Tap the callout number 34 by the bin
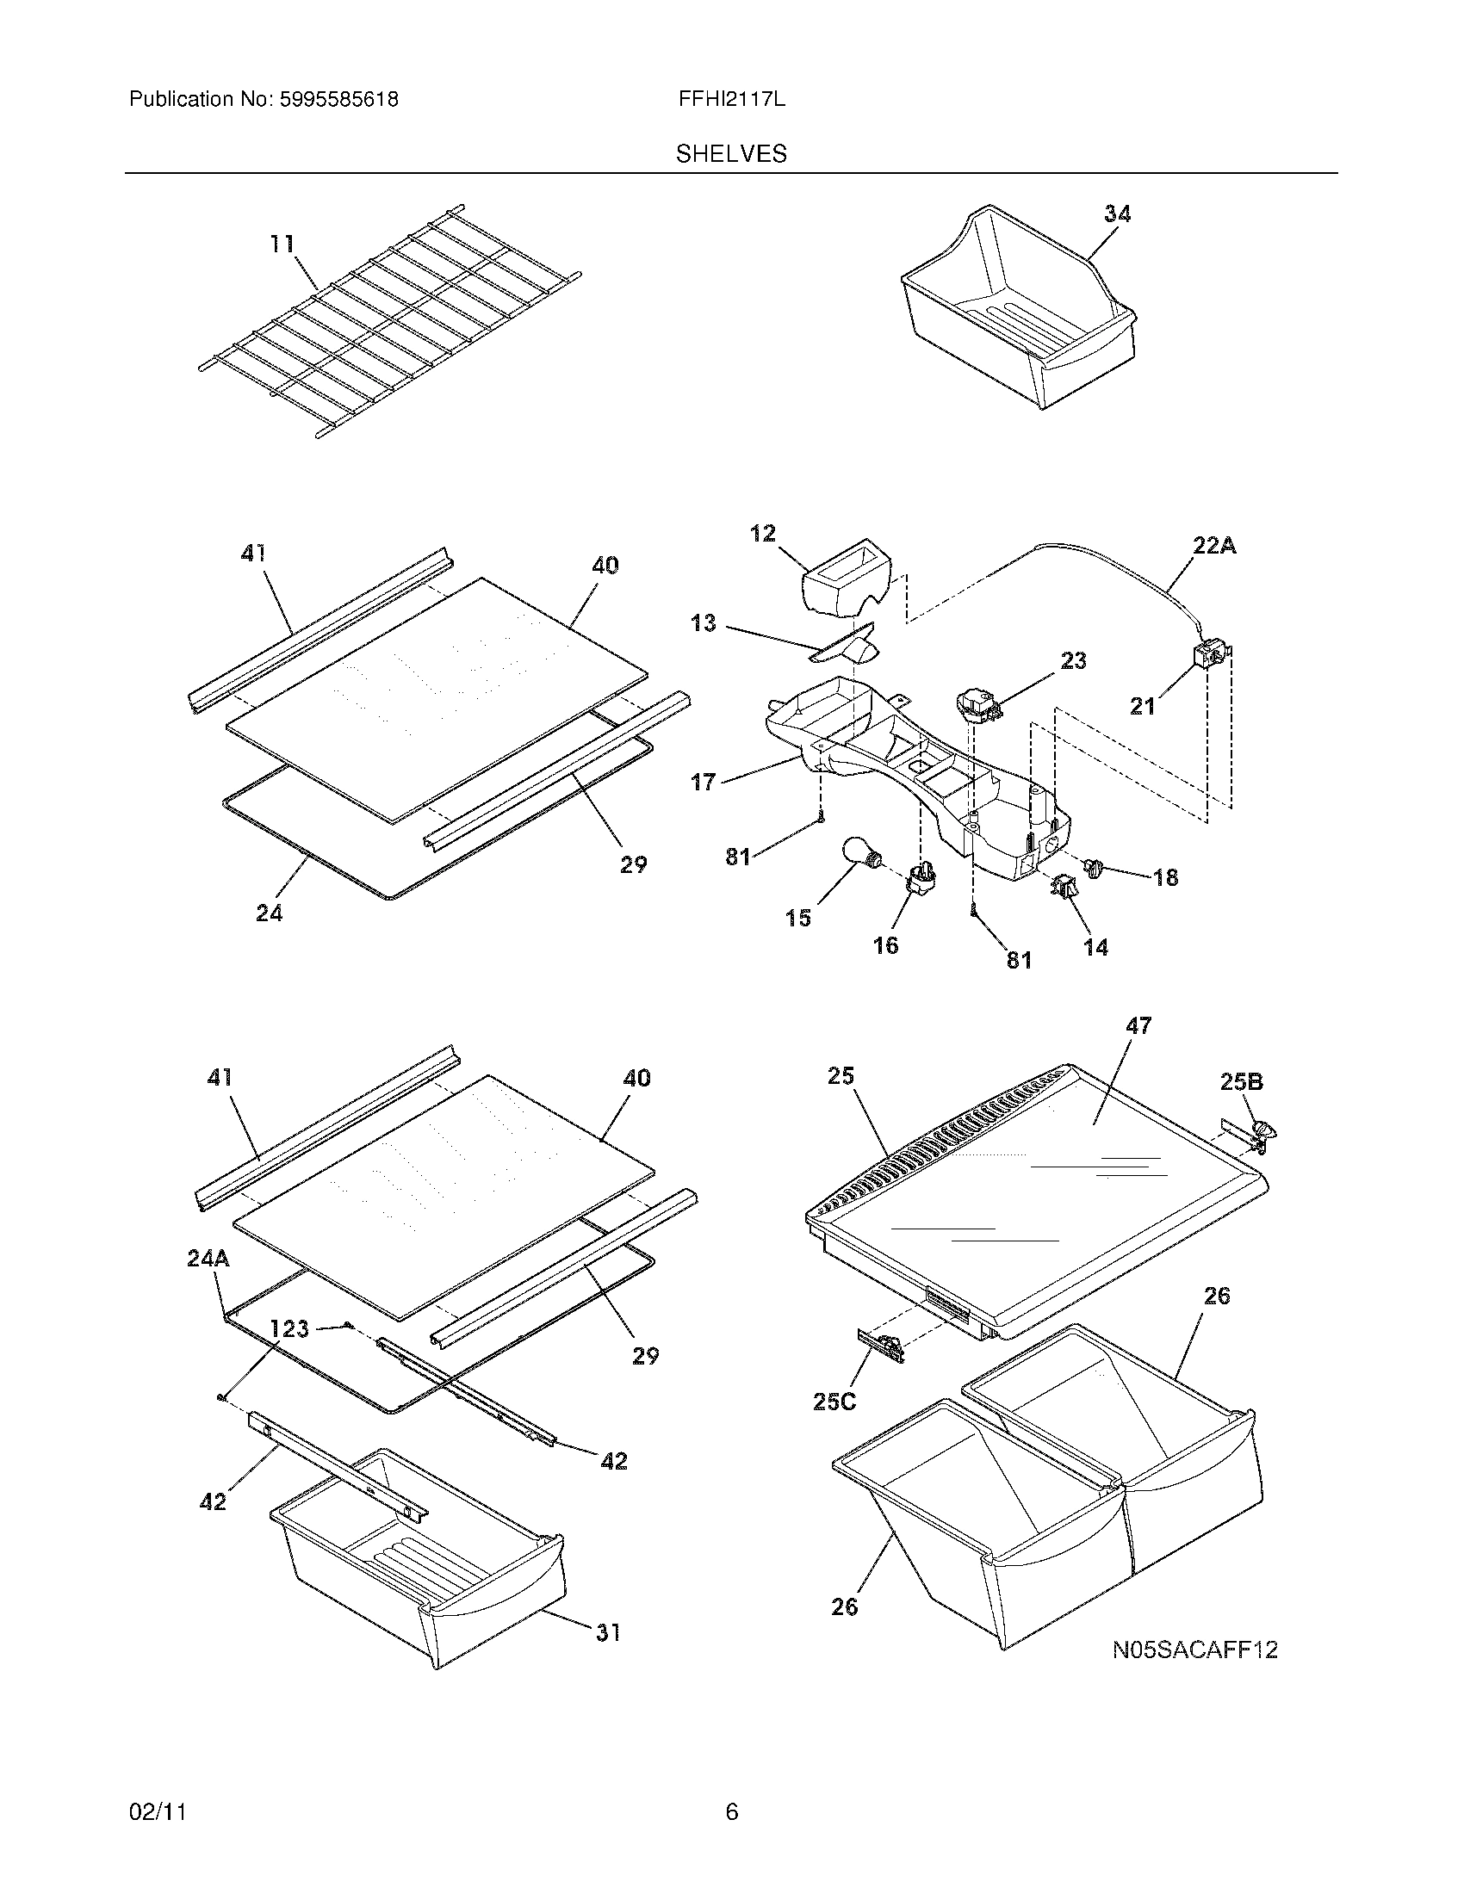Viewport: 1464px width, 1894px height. click(x=1117, y=214)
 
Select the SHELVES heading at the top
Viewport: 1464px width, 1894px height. click(x=731, y=154)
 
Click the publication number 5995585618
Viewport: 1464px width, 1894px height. click(x=338, y=100)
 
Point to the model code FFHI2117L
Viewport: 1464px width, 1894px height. click(x=732, y=100)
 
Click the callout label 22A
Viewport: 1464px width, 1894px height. click(x=1213, y=546)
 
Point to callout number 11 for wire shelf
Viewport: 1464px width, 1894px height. click(x=281, y=244)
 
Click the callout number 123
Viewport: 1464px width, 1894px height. click(x=289, y=1328)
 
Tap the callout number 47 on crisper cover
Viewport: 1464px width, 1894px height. click(x=1138, y=1026)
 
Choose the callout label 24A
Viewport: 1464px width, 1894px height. click(x=208, y=1259)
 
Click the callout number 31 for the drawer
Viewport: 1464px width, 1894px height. click(x=607, y=1632)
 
